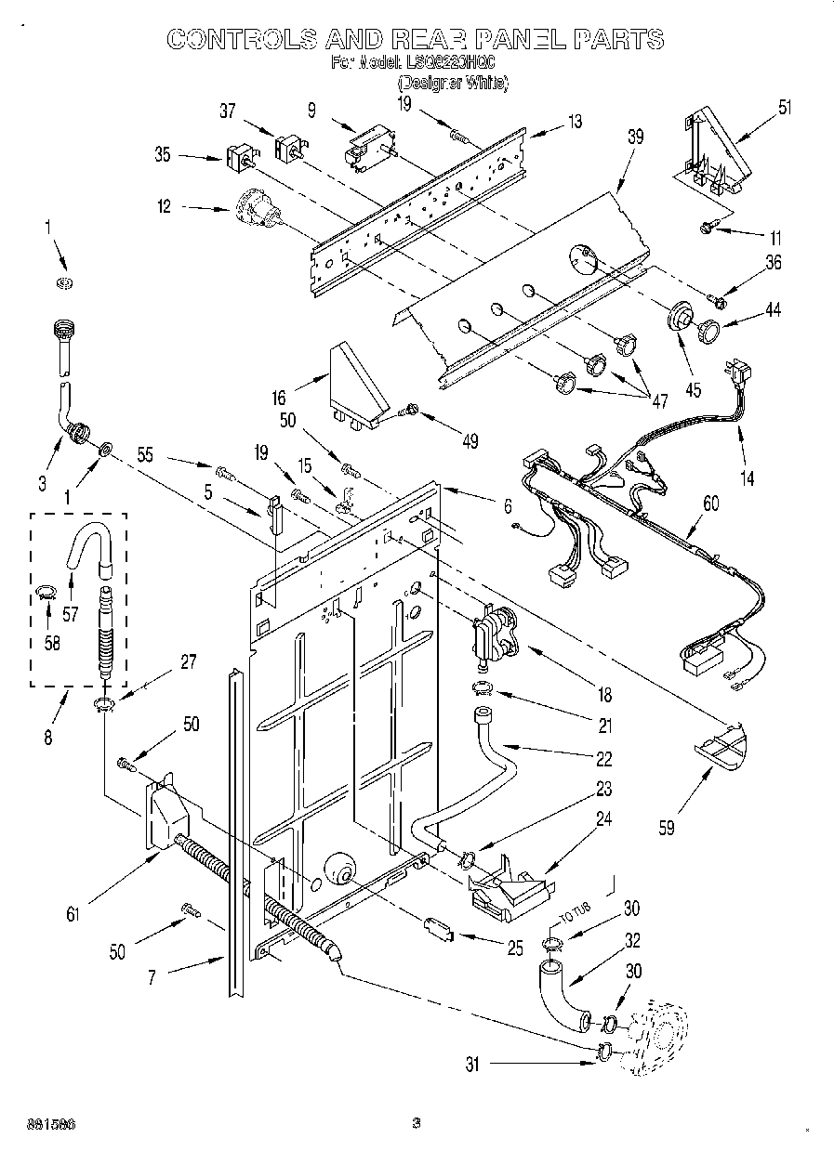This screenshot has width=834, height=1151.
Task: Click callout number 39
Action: tap(635, 137)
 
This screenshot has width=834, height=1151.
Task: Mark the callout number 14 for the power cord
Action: tap(747, 478)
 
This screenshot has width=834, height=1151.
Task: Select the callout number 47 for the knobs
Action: tap(659, 401)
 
